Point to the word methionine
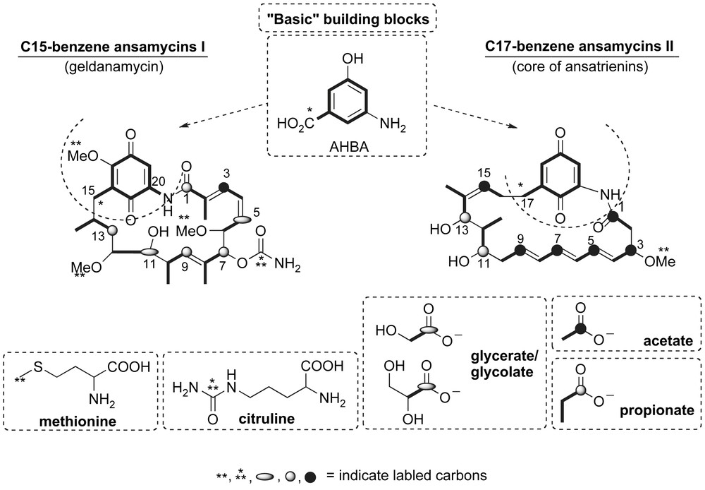pyautogui.click(x=78, y=422)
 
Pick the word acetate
pyautogui.click(x=669, y=342)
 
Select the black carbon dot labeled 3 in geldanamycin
pyautogui.click(x=225, y=186)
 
